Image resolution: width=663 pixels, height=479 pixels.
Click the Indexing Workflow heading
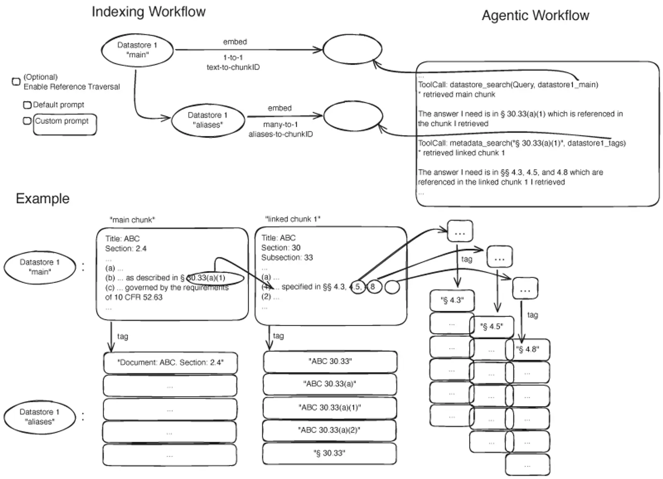click(x=148, y=12)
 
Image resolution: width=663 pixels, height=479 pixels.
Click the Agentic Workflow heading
click(x=535, y=16)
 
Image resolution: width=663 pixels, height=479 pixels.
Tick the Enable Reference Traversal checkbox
click(x=16, y=82)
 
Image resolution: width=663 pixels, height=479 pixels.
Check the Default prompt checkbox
click(x=27, y=105)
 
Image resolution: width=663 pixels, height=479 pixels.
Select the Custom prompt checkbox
click(x=27, y=121)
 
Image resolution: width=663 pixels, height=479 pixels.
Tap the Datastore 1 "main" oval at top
click(x=137, y=50)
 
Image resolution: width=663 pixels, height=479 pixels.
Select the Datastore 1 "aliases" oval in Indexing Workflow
click(x=208, y=120)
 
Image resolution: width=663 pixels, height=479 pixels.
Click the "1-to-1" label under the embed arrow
click(x=233, y=58)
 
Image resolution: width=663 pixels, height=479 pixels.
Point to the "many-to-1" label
click(x=280, y=124)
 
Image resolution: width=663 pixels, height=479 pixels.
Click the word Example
click(x=43, y=198)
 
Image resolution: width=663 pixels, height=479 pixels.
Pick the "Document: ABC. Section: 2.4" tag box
click(x=170, y=363)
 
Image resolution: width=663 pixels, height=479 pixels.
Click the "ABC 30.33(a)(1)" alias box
click(x=330, y=408)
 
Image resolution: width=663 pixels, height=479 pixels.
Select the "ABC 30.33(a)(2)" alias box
click(x=329, y=430)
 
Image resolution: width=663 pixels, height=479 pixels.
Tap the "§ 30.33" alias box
click(x=329, y=453)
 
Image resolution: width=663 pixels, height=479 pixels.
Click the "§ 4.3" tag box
click(x=452, y=300)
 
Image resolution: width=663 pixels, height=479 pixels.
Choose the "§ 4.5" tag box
click(x=491, y=327)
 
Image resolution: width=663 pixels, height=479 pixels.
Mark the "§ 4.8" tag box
click(x=528, y=349)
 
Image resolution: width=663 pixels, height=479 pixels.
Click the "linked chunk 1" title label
click(x=293, y=219)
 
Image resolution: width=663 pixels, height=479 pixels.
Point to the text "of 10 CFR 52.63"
click(x=134, y=297)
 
